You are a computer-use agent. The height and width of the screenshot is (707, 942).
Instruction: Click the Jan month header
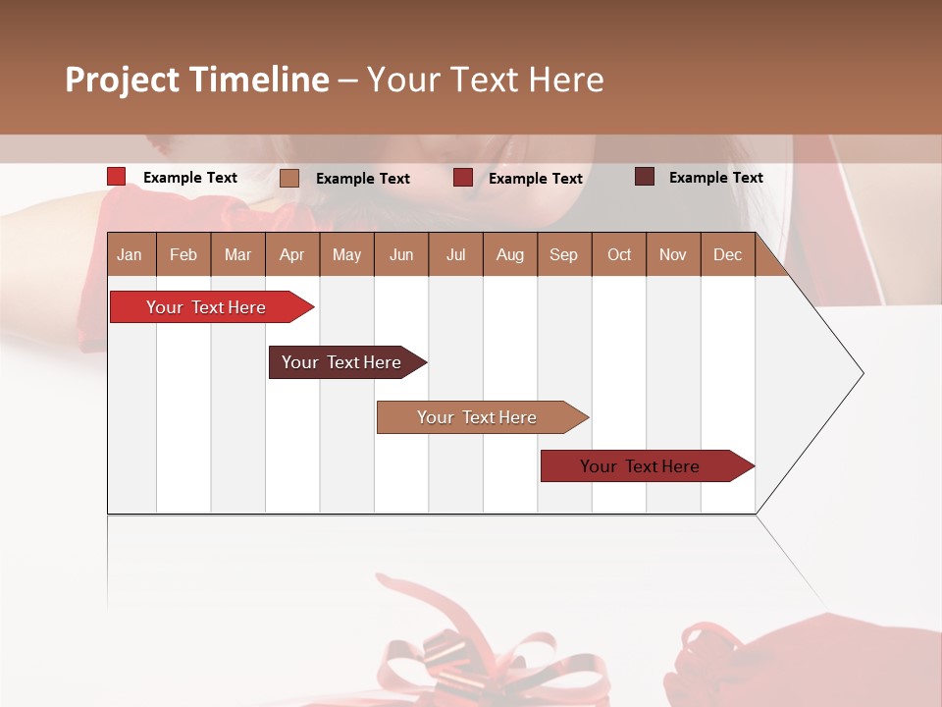130,254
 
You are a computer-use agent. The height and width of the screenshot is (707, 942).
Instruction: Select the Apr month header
291,254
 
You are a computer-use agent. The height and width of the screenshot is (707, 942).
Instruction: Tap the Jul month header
455,254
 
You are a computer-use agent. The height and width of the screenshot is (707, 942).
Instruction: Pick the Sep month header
563,254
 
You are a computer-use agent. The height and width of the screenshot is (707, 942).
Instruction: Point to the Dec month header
727,254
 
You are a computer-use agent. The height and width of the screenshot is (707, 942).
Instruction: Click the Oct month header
618,254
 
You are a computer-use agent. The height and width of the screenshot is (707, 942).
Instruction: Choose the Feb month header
183,254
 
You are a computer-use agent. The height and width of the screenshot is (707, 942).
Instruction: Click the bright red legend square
116,177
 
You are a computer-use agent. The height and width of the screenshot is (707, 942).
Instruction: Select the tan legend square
288,178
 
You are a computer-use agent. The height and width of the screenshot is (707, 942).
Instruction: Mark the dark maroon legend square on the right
644,177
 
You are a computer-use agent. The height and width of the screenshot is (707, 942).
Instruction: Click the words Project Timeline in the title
197,80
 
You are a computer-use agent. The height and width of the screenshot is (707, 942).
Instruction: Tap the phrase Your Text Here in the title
486,80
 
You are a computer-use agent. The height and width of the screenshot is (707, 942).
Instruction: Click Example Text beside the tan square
362,179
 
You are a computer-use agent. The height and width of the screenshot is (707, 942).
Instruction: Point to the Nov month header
672,254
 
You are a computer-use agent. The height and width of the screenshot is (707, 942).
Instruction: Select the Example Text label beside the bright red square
189,178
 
